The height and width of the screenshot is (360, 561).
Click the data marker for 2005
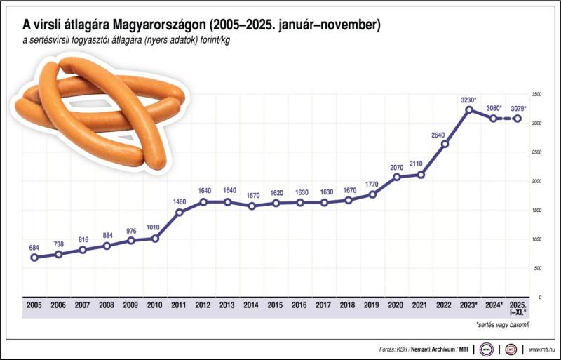(34, 258)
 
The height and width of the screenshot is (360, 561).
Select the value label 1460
(178, 202)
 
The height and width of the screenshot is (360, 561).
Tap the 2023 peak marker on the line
(469, 109)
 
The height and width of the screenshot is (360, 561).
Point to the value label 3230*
(469, 100)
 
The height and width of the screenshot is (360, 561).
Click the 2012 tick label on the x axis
(203, 305)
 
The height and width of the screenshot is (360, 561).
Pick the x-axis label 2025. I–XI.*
(518, 309)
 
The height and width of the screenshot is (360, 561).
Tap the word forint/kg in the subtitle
(213, 40)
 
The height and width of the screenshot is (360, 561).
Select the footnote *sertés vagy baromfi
(503, 326)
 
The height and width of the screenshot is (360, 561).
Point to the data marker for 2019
(372, 194)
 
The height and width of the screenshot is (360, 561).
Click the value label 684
(34, 248)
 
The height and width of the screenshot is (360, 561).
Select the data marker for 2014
(251, 206)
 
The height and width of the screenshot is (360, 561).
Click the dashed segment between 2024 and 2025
(506, 119)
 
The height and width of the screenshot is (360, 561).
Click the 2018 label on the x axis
(348, 305)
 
